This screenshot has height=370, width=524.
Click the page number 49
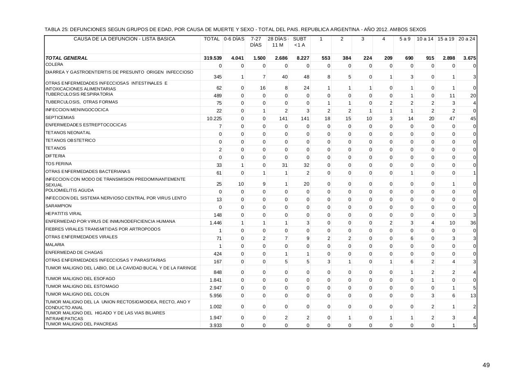click(x=486, y=366)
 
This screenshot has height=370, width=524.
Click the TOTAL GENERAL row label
click(x=66, y=58)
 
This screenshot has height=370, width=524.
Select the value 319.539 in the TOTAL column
click(x=213, y=58)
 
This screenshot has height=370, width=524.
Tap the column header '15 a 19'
click(x=446, y=39)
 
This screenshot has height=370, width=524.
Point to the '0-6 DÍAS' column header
click(x=234, y=39)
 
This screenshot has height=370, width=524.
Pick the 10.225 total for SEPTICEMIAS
click(x=215, y=119)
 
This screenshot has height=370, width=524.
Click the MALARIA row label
click(x=55, y=244)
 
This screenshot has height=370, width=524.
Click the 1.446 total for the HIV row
click(x=215, y=223)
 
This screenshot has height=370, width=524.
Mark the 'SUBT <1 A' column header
click(x=300, y=42)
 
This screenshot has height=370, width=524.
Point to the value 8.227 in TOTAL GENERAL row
click(x=303, y=58)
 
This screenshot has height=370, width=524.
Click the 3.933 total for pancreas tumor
click(x=215, y=326)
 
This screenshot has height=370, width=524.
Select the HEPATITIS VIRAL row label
click(x=63, y=213)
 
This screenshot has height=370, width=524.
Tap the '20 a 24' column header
click(x=467, y=39)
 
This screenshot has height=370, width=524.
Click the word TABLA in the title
click(x=52, y=29)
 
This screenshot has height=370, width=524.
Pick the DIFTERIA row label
click(x=55, y=156)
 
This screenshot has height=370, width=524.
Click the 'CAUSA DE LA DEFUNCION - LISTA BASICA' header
click(x=124, y=39)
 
